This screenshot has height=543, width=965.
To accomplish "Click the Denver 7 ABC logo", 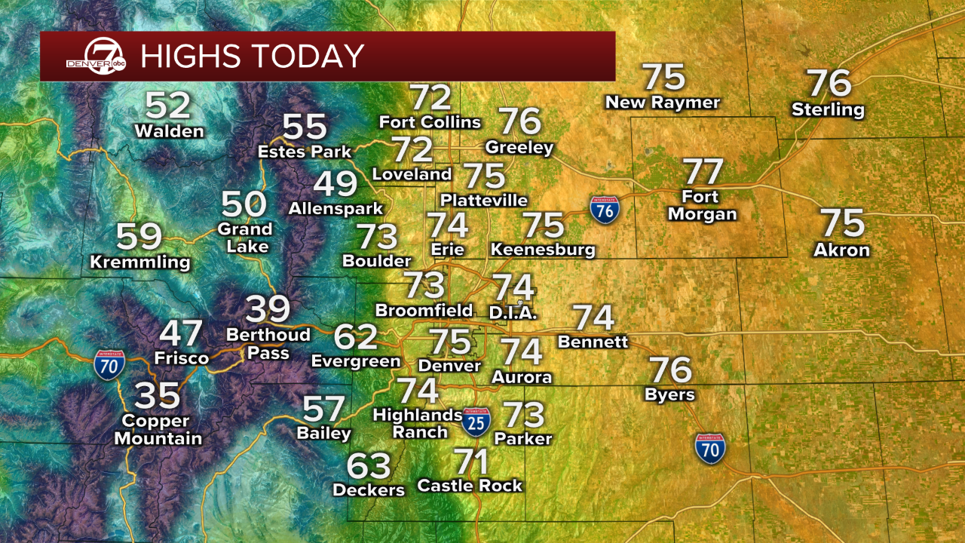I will point(96,56).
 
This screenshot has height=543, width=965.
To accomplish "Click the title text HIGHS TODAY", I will point(253,57).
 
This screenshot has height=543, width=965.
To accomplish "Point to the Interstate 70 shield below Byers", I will point(710,448).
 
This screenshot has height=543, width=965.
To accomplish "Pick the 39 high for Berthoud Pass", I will point(268,309).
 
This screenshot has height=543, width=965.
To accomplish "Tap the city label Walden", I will point(169,131).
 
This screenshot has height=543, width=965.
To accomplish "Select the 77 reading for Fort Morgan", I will point(702,171).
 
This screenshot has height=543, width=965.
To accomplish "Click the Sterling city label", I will point(828,110).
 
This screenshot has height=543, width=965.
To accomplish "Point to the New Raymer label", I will point(663,102).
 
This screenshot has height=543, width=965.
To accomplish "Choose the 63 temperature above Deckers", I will point(369,466).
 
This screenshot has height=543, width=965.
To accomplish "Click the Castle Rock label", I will point(470,486).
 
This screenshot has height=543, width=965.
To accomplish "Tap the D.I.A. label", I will point(513,312).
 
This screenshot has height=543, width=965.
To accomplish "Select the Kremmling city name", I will point(140,262).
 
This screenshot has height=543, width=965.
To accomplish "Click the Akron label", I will point(841,250).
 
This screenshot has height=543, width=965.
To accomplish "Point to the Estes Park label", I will point(305,152).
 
